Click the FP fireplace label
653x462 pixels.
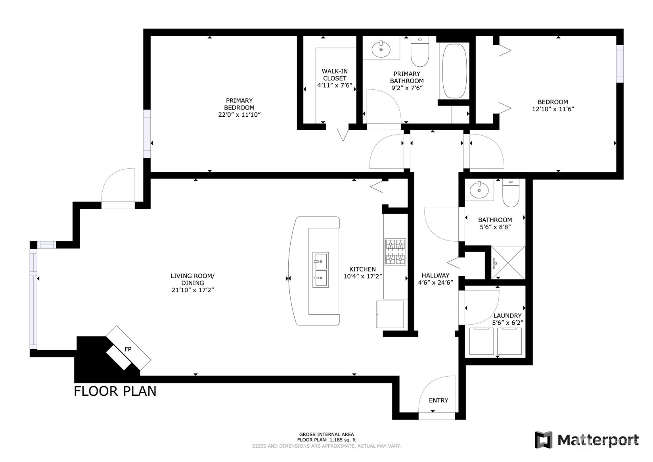[128, 349]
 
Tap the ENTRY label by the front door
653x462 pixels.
[439, 400]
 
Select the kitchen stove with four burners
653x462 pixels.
[395, 252]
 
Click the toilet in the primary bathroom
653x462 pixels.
[420, 51]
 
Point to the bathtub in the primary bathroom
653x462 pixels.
[454, 71]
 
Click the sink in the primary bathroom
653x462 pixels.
[381, 49]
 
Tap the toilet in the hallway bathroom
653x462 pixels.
[511, 193]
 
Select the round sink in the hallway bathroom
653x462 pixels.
[479, 190]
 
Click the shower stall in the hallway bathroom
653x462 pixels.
[508, 263]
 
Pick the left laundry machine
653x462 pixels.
[482, 341]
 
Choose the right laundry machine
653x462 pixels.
[509, 341]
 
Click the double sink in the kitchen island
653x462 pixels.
[321, 270]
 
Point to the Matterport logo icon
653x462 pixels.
[544, 439]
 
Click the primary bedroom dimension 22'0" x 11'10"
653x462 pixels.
[239, 115]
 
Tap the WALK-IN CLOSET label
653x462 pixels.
[335, 75]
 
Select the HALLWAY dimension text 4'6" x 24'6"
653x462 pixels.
[435, 283]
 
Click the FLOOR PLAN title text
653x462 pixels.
[115, 391]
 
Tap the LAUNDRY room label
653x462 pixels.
[507, 316]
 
